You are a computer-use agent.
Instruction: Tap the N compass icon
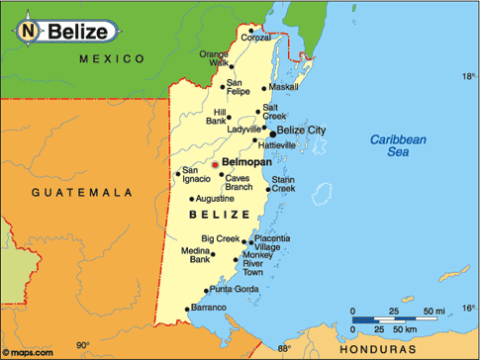tap(29, 32)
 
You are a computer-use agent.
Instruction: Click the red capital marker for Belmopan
tap(216, 165)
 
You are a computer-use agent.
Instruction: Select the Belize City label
tap(302, 130)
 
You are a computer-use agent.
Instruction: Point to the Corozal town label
tap(254, 39)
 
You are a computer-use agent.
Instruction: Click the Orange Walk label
tap(214, 58)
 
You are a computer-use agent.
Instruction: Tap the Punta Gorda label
tap(233, 289)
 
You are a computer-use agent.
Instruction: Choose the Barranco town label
tap(208, 309)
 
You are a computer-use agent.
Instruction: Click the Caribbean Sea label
tap(397, 146)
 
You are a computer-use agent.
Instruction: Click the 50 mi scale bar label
tap(434, 312)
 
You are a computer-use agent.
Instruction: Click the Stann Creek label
tap(283, 184)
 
